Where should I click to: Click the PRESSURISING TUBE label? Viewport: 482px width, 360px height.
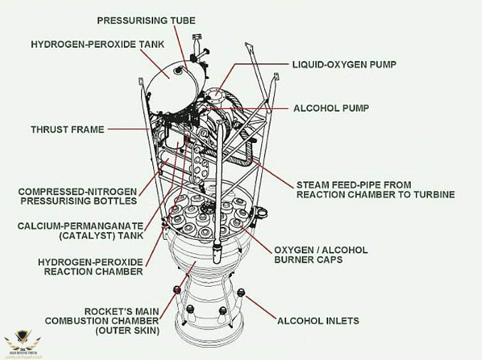click(x=146, y=21)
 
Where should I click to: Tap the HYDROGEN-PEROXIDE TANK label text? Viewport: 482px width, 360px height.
click(x=98, y=44)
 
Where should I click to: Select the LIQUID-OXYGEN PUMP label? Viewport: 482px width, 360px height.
click(x=344, y=64)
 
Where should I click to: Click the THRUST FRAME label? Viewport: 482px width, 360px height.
click(x=68, y=129)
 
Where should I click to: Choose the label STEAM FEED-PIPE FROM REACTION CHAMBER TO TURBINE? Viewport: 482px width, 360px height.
click(x=375, y=189)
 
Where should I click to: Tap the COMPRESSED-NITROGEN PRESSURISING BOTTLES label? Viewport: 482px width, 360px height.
click(x=78, y=196)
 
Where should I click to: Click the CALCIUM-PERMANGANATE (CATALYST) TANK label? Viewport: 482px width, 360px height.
click(x=80, y=231)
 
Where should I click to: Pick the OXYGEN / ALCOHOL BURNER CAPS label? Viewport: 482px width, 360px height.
click(x=321, y=255)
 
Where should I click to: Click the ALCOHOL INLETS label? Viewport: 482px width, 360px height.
click(x=318, y=321)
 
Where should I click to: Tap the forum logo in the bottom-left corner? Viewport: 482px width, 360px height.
click(x=22, y=345)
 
